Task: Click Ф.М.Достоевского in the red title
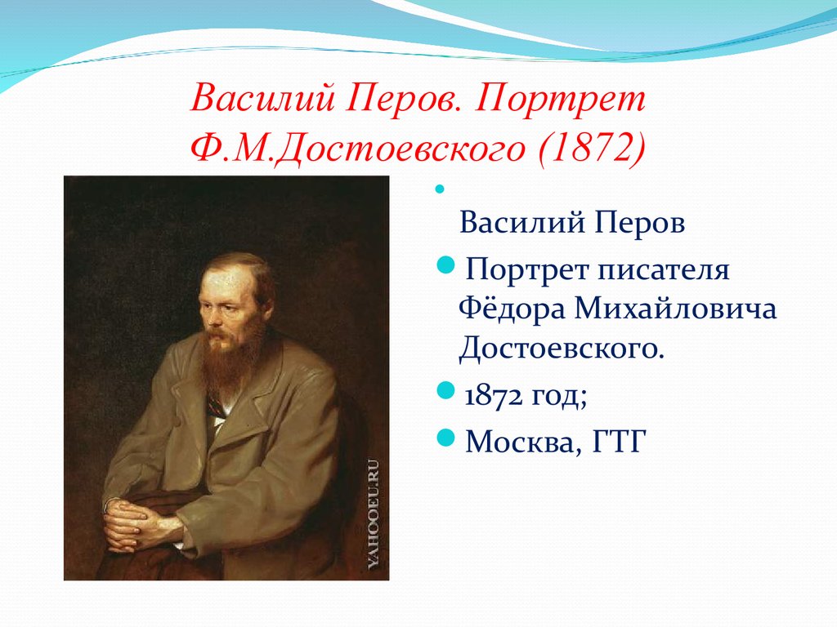tap(358, 148)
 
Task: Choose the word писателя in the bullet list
tap(663, 269)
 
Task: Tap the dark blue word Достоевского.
tap(562, 349)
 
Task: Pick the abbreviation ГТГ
tap(620, 442)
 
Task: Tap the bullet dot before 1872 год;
tap(445, 391)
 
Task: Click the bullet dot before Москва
tap(445, 438)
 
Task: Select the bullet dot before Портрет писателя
tap(445, 264)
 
